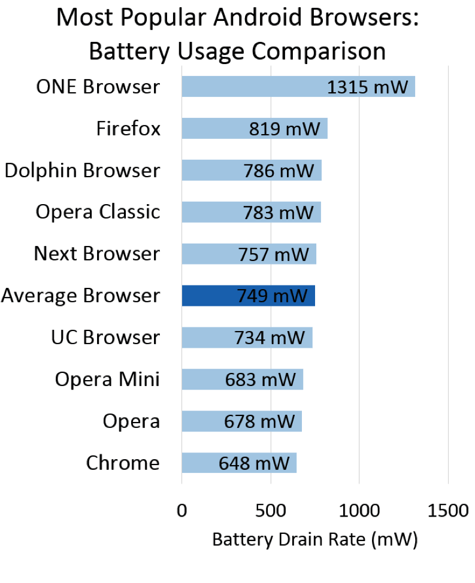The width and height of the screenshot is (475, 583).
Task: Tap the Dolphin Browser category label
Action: pos(82,171)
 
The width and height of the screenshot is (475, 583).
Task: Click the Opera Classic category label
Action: pos(98,212)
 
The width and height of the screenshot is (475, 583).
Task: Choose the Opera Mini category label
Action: pos(107,379)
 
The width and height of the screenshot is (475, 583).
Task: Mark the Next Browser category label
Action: pos(97,254)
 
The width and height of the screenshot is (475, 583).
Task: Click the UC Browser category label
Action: pos(105,338)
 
